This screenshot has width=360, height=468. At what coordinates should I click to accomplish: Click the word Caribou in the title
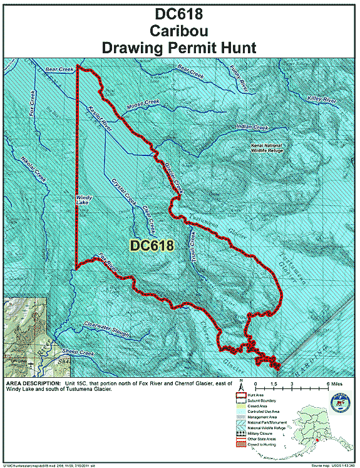180,29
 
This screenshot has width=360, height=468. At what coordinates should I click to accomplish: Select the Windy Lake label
83,199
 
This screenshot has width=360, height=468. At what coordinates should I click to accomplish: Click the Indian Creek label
252,127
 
